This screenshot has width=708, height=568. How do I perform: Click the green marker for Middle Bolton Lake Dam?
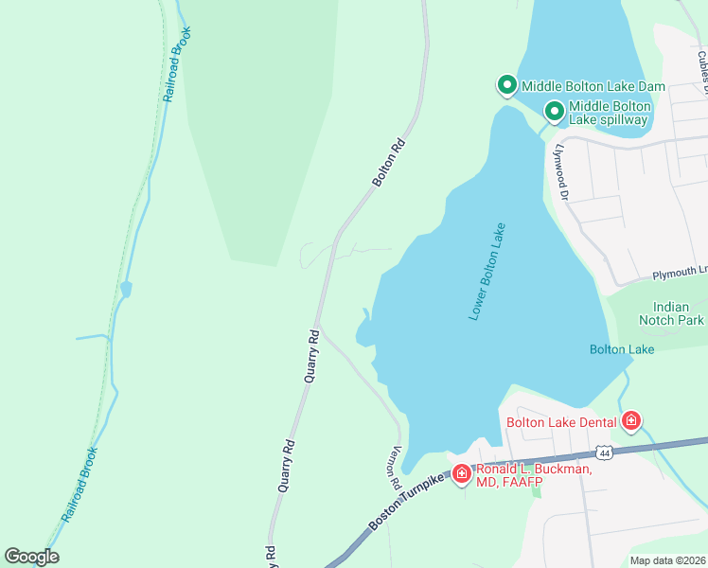pos(506,86)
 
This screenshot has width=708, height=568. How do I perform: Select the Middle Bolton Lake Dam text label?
pos(593,86)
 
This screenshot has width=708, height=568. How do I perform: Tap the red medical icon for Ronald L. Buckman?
pos(461,472)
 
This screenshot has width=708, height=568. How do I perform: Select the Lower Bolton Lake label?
pos(487,272)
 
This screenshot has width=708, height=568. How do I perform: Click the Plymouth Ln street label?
pos(679,274)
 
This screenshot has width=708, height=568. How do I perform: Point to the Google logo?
pos(31,557)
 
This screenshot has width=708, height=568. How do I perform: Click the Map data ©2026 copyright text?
pos(667,560)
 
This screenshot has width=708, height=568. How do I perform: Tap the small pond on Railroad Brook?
pos(125,288)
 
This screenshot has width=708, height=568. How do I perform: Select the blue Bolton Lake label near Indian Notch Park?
pos(621,349)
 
